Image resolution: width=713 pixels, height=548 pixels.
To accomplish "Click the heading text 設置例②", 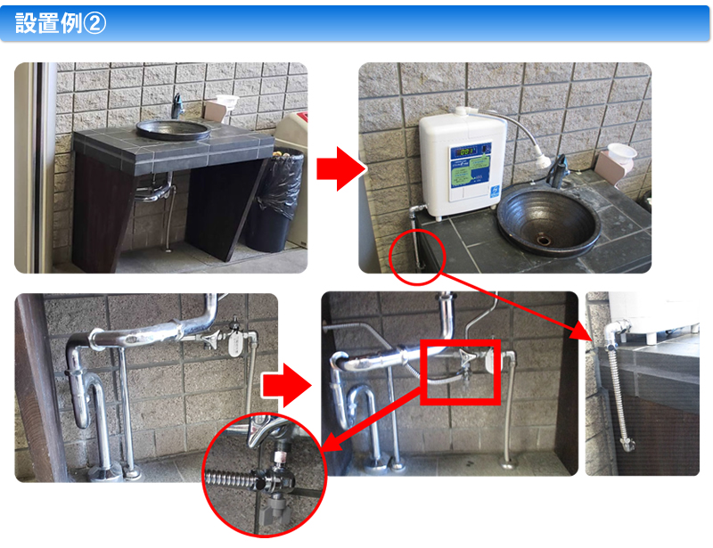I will [61, 23].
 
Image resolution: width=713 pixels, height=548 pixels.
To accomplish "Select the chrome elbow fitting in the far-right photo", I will [609, 338].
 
